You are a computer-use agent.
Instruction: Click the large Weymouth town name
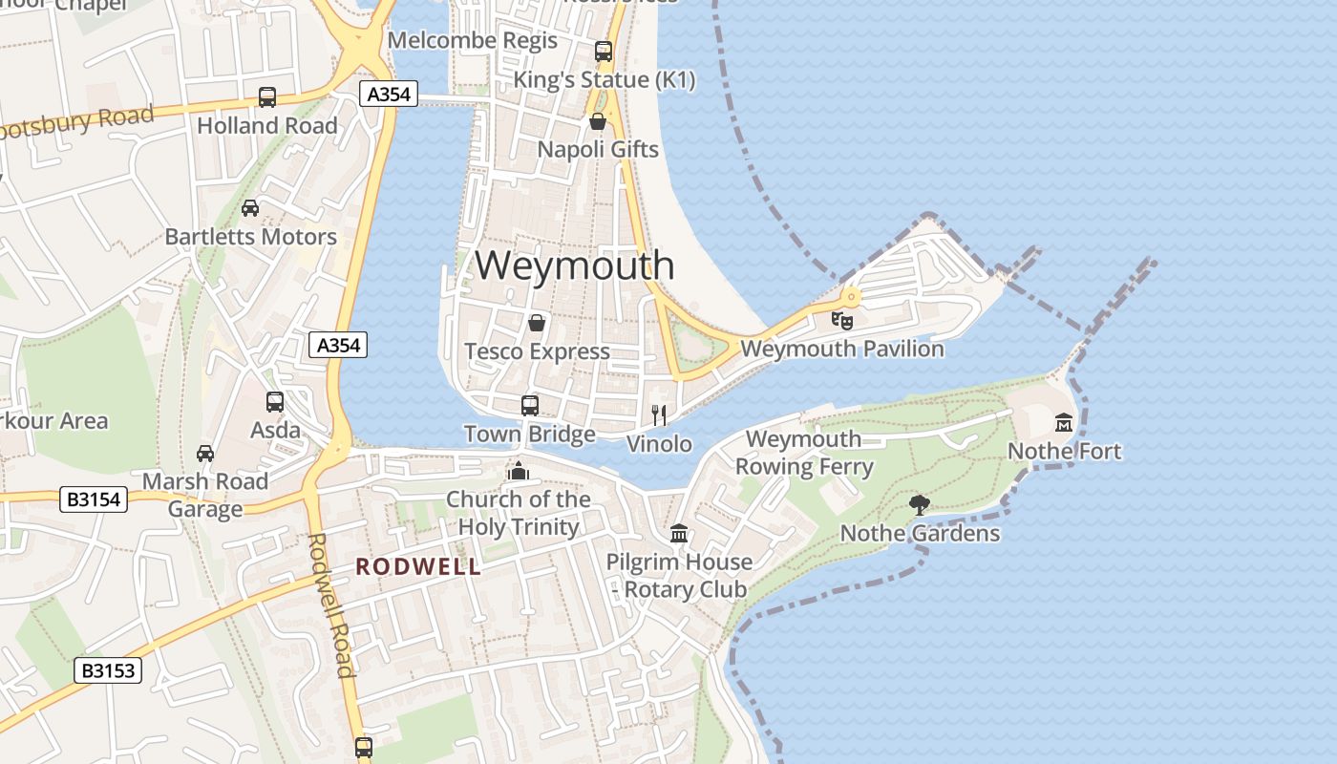click(574, 265)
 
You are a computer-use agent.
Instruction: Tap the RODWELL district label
click(418, 566)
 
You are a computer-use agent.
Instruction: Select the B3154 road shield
click(94, 499)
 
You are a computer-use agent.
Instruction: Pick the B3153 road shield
click(108, 670)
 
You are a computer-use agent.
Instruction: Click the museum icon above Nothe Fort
click(1064, 422)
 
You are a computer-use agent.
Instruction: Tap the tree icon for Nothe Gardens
click(920, 504)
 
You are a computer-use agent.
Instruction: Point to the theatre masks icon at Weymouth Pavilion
click(841, 320)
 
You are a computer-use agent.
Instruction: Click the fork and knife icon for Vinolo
click(658, 414)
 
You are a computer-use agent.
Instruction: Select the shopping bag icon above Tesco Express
click(537, 323)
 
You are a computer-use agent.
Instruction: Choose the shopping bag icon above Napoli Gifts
click(598, 121)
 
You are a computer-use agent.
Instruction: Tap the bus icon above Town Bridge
click(530, 405)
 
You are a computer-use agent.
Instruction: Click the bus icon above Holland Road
click(267, 96)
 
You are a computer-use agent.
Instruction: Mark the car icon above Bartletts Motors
click(250, 207)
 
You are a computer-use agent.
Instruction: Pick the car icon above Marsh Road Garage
click(205, 453)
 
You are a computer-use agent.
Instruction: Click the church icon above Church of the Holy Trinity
click(519, 471)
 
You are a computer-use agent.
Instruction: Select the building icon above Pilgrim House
click(679, 533)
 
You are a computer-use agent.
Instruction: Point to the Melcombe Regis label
click(473, 40)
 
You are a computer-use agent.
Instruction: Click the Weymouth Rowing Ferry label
click(803, 453)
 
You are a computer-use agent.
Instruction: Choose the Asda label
click(275, 431)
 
